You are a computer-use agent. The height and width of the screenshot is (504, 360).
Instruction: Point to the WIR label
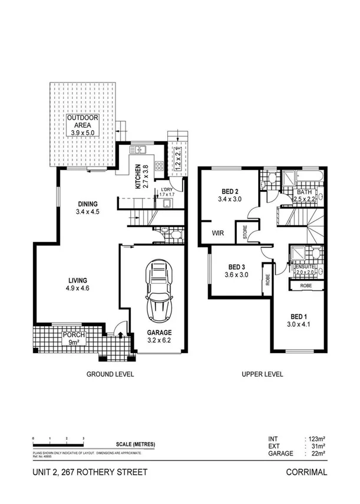218,233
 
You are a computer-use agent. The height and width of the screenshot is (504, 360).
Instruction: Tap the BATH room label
304,192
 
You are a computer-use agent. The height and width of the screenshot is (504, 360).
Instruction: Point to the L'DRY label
167,190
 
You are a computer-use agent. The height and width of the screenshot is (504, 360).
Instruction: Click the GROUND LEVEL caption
110,374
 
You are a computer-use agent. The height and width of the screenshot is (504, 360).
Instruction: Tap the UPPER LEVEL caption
262,374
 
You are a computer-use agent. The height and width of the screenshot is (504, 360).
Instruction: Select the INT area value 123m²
316,439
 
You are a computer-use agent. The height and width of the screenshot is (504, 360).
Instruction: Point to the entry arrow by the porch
121,336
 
